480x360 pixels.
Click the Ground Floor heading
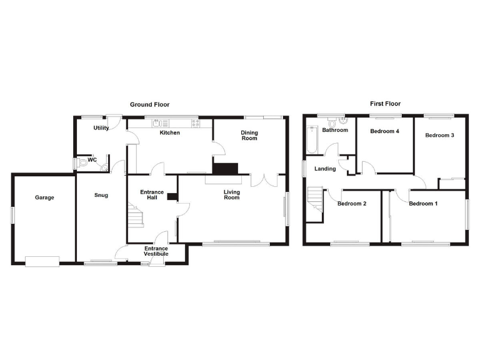(149, 104)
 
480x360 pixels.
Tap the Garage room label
(44, 197)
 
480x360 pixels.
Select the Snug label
(101, 196)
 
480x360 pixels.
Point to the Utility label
(101, 128)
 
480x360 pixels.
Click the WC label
(92, 160)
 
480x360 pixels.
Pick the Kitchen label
(169, 132)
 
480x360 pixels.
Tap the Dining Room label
(249, 135)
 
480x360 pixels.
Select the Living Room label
(232, 194)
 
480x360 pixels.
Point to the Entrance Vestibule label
(156, 251)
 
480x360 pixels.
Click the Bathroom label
(335, 130)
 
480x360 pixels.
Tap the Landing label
(325, 169)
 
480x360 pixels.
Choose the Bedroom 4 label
(384, 131)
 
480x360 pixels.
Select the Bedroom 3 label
(439, 135)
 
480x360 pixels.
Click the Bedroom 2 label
(352, 203)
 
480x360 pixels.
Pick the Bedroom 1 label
(423, 203)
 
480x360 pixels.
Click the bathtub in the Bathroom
(311, 140)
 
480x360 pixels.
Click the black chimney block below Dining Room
(226, 168)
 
